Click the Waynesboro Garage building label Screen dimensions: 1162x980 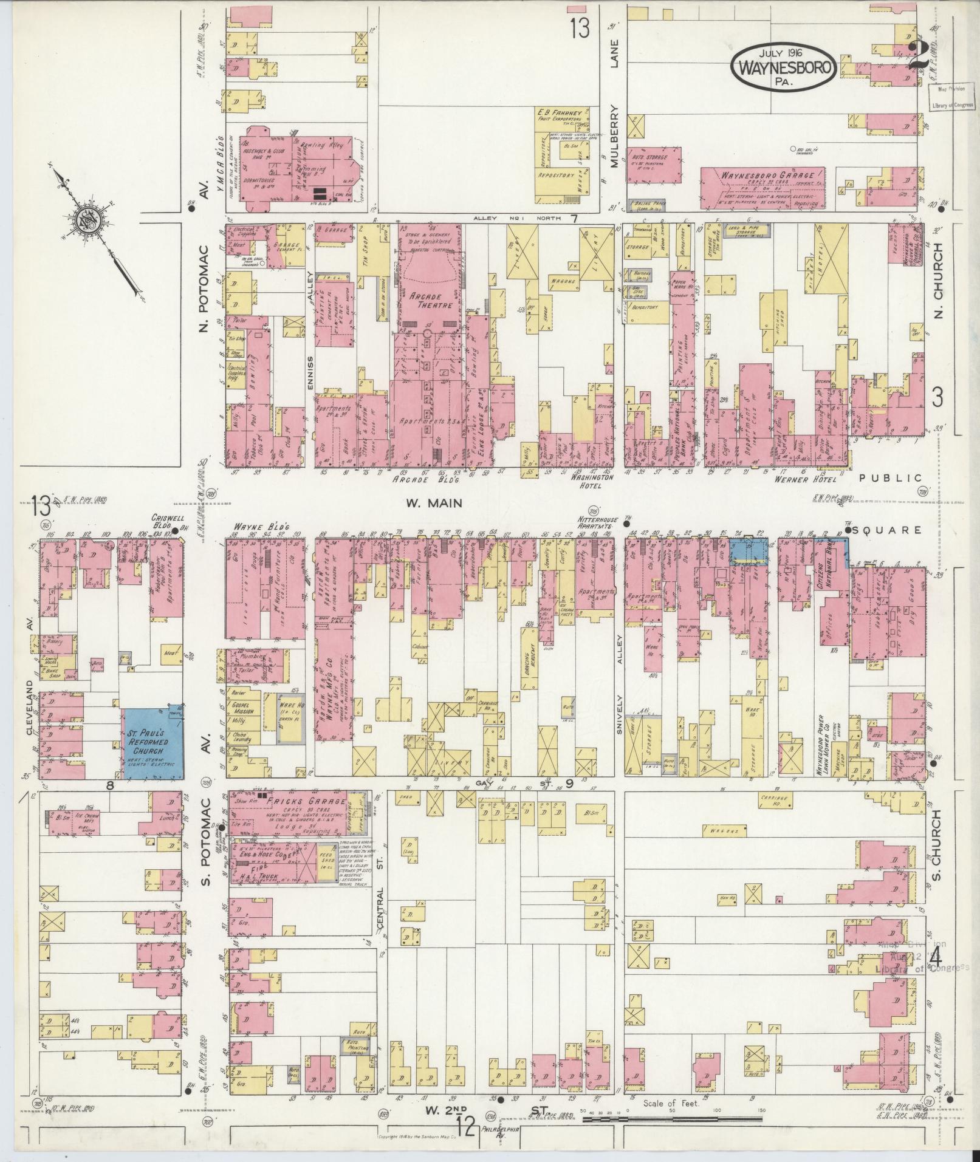(x=762, y=175)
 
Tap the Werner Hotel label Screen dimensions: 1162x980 (x=803, y=479)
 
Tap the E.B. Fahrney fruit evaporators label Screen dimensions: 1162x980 (x=559, y=115)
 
